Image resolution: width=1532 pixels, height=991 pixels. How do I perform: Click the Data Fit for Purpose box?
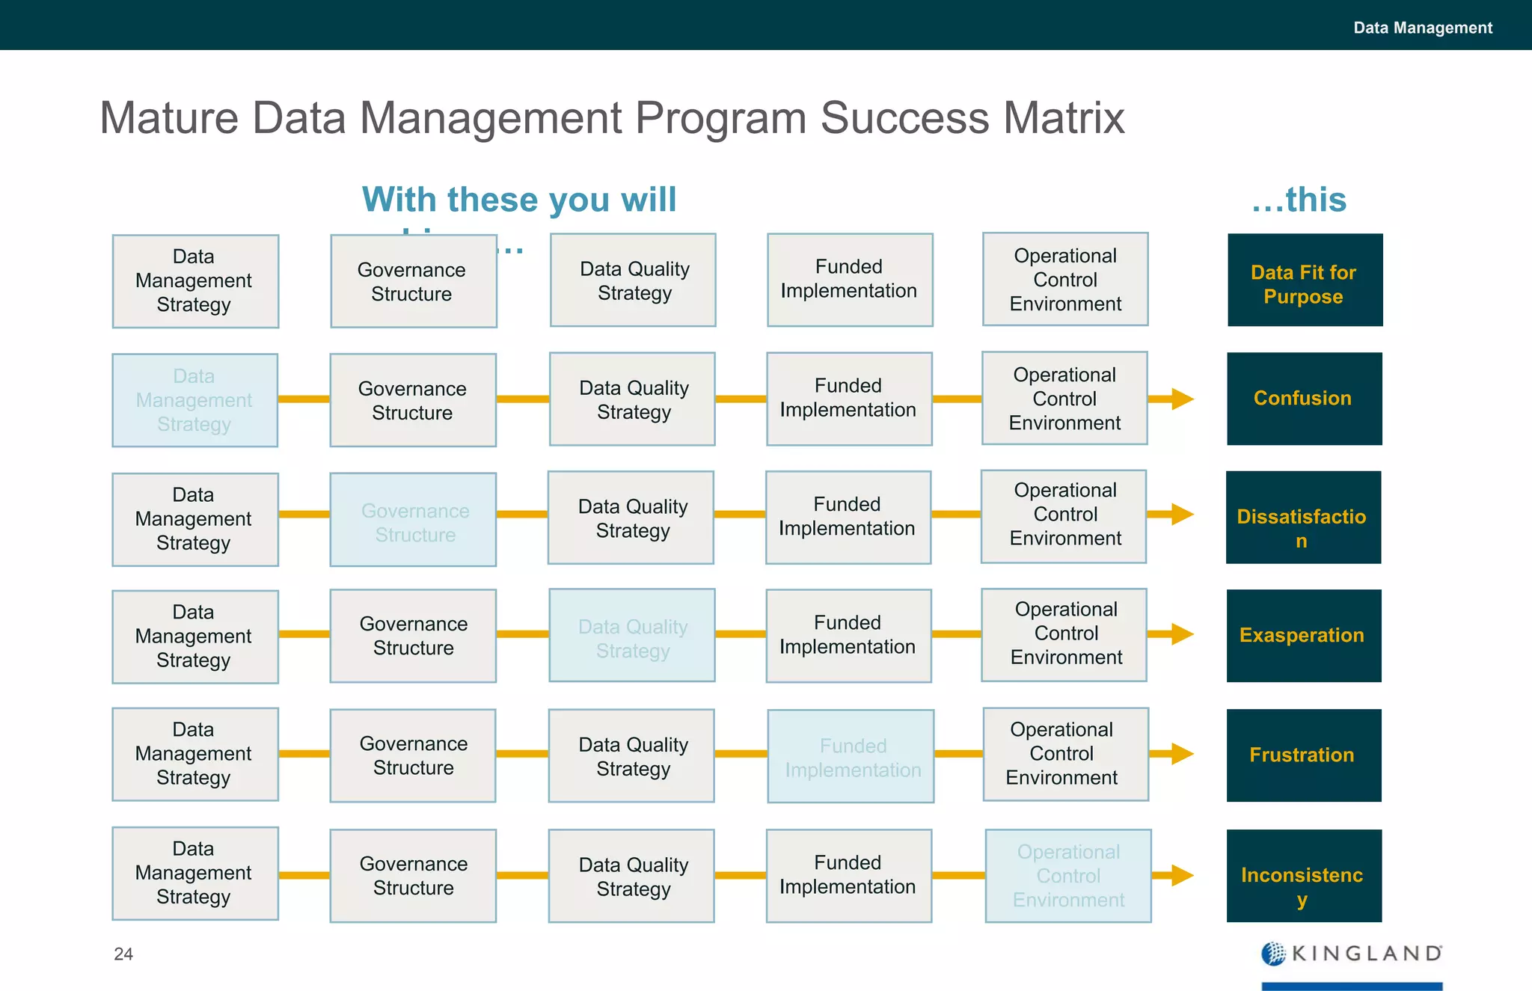pos(1305,280)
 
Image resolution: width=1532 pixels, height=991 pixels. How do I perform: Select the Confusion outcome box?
pos(1304,399)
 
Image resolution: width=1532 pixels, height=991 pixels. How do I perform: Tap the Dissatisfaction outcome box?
pos(1303,517)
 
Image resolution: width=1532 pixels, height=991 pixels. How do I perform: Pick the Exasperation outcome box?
pos(1303,636)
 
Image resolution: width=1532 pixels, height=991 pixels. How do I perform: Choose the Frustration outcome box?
pos(1303,755)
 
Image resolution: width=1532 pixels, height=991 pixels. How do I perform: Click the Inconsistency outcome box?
pos(1303,876)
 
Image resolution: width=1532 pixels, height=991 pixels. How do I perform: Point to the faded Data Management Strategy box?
pos(194,400)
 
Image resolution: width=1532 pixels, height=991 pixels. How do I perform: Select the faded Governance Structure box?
pos(413,520)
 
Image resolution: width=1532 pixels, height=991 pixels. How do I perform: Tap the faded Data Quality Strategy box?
pos(632,636)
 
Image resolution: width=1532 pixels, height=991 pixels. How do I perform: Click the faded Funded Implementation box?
pos(851,756)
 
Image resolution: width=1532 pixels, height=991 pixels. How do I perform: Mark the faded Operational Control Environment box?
pos(1068,876)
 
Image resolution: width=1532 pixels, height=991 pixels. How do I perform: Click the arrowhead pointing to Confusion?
pos(1182,399)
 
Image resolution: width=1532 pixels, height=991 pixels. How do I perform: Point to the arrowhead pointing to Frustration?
pos(1182,754)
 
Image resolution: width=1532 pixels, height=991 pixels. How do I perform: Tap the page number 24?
pos(123,954)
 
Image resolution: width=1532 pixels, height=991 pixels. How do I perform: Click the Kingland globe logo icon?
pos(1273,954)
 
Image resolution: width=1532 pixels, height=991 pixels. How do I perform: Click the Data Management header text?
pos(1422,28)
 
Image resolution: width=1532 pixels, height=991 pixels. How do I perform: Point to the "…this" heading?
pos(1299,200)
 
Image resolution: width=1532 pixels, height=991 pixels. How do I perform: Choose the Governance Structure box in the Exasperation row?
pos(413,636)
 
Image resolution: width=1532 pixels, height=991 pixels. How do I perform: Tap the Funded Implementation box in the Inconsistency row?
pos(848,875)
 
